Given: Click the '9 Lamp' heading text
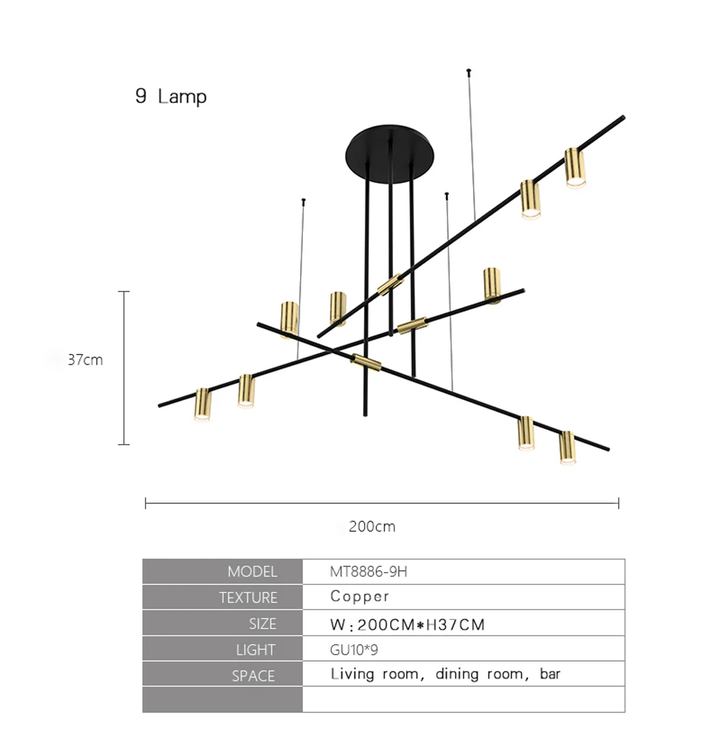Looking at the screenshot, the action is (x=171, y=97).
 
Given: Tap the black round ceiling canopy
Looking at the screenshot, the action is (x=389, y=154).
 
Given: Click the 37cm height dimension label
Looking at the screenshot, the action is (x=86, y=359).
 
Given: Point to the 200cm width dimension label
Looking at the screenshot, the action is (x=372, y=527).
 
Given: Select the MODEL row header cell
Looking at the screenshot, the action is (x=222, y=572).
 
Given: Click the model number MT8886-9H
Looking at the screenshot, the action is (x=368, y=572).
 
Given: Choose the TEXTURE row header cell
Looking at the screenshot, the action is (x=222, y=598).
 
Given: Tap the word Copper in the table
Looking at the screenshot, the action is (x=360, y=597).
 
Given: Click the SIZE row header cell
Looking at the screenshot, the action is (x=222, y=623).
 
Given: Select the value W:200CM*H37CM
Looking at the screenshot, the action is (x=407, y=625).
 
